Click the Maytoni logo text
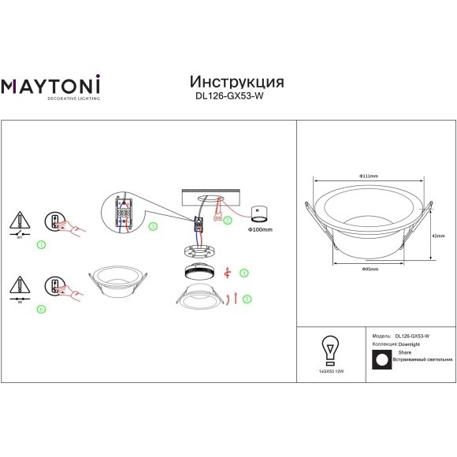pyautogui.click(x=56, y=84)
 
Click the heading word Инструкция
pyautogui.click(x=237, y=83)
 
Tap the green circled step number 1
pyautogui.click(x=41, y=245)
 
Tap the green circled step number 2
pyautogui.click(x=228, y=221)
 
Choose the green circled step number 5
pyautogui.click(x=247, y=299)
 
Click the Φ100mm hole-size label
pyautogui.click(x=260, y=230)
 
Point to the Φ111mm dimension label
pyautogui.click(x=368, y=175)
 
